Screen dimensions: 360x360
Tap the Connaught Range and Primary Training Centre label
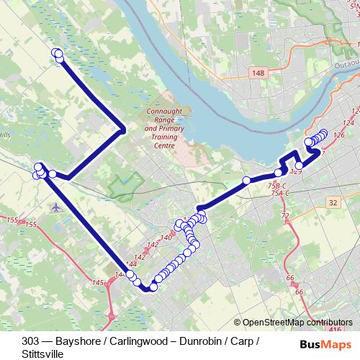pos(165,128)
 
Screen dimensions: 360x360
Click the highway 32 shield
pos(332,204)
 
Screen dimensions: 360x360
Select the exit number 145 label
pos(99,284)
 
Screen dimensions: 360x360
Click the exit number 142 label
pos(140,257)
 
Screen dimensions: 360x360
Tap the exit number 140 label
pos(166,237)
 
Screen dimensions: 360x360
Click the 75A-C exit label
pos(279,194)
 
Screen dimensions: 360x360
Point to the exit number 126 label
pos(339,135)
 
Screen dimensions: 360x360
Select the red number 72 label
pos(284,216)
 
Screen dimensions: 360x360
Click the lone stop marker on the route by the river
pos(246,180)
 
